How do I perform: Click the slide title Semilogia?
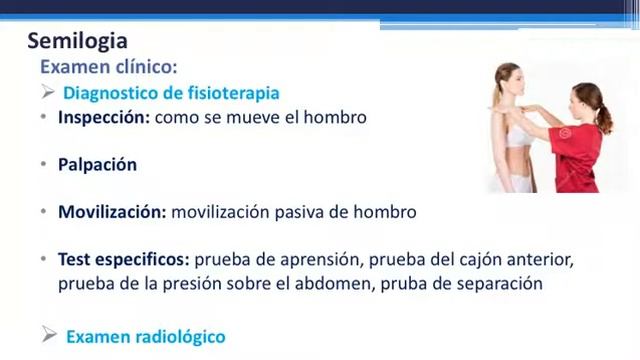[77, 41]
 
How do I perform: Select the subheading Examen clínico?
[108, 67]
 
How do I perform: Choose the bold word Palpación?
[97, 164]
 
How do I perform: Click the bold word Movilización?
[112, 212]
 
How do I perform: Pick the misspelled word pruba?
[436, 283]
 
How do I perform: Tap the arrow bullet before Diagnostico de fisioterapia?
[47, 92]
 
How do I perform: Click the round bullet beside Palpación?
[44, 165]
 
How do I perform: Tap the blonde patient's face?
[511, 80]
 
